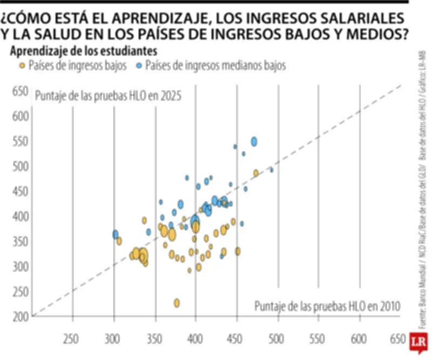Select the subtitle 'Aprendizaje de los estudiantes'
(84, 51)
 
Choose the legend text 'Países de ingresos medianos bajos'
(215, 66)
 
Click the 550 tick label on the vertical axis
(20, 142)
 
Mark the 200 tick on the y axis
(20, 316)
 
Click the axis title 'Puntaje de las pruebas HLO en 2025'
(107, 96)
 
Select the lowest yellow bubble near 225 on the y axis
(177, 303)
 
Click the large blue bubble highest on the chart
(254, 142)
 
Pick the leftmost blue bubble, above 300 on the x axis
(115, 234)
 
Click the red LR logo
(416, 342)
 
